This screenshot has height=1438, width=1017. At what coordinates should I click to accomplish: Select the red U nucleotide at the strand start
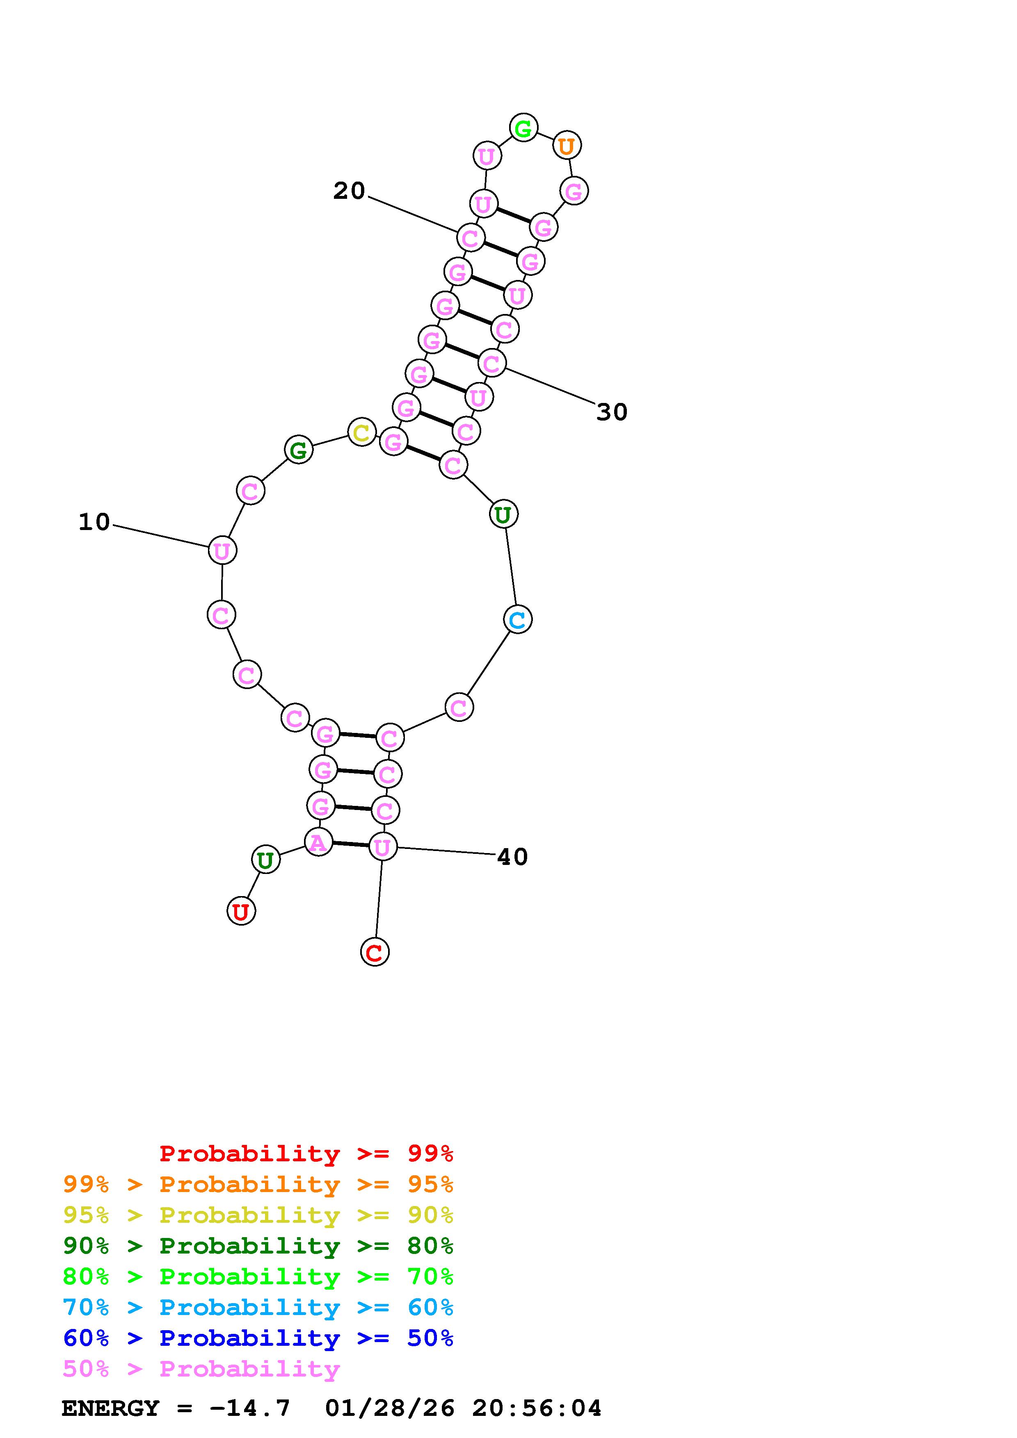(241, 911)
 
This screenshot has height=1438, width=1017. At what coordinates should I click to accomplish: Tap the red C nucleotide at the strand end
(375, 952)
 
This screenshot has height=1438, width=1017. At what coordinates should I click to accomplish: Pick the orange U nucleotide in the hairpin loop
(567, 145)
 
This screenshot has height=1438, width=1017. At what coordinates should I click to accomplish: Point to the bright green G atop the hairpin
(523, 128)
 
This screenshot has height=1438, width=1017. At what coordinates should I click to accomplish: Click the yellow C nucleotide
(361, 432)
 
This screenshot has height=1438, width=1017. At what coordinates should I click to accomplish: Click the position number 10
(94, 522)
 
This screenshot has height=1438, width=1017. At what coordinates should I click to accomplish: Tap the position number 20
(349, 190)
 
